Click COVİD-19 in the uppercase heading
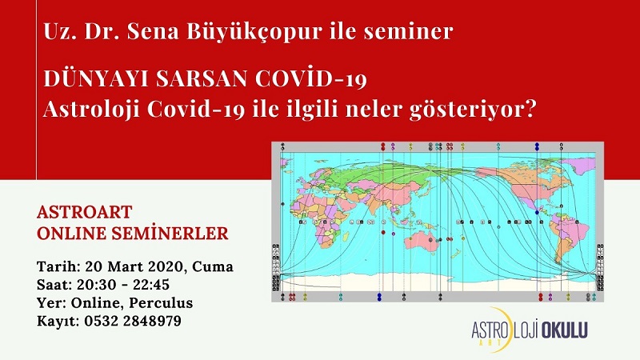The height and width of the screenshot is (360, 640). pos(311,78)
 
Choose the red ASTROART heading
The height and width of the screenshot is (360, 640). pos(85,212)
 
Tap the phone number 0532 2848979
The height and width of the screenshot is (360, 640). pos(133,321)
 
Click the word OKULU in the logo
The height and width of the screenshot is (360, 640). pos(564,330)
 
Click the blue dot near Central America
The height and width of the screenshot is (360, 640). pos(537,212)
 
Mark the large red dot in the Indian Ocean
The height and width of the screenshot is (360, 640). pos(383,232)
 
